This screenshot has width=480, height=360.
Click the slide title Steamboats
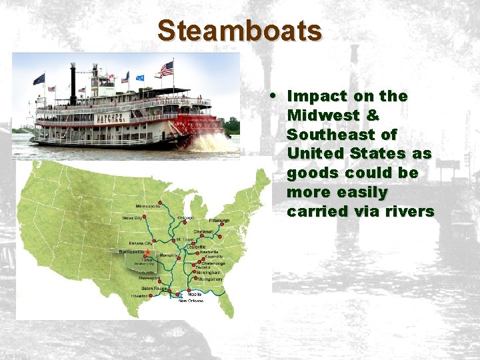coord(239,31)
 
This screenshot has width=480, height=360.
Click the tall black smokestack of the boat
coord(73,83)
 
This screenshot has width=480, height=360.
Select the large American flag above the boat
coord(167,68)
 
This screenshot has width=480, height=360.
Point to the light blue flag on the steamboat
coord(141,77)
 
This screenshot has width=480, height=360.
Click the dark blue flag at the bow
coord(39,79)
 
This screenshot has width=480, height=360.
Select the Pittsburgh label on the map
coord(219,220)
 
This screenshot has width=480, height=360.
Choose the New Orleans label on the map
coord(191,301)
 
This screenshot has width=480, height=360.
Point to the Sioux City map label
coord(131,217)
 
